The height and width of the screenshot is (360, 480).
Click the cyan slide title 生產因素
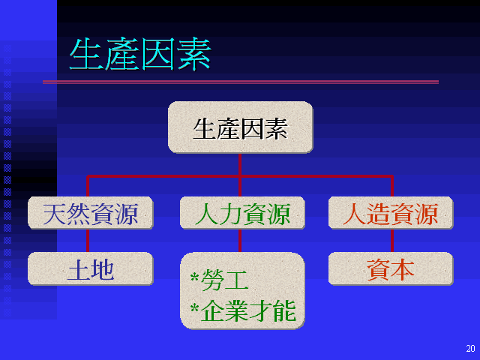[x=140, y=54]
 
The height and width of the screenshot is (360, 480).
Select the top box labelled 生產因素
[x=240, y=127]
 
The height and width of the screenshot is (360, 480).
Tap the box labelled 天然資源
[x=90, y=213]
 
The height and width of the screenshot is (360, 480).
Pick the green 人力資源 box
[x=242, y=213]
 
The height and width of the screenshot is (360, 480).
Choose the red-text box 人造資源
[x=391, y=213]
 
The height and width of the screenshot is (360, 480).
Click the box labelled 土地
[x=90, y=268]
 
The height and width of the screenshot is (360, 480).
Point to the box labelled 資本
[x=391, y=268]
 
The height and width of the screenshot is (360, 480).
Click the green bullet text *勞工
[x=219, y=280]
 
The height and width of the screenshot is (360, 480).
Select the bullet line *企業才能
[x=243, y=310]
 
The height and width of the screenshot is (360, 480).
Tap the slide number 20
[x=470, y=348]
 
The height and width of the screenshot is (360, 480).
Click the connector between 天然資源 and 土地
[x=88, y=241]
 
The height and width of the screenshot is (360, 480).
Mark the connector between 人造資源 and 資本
[x=392, y=241]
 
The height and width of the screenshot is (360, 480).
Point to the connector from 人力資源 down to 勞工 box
[x=240, y=241]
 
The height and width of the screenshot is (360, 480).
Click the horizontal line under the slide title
[x=241, y=82]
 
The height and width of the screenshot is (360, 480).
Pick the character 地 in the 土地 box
[x=103, y=270]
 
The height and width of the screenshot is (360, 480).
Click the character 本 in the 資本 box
[x=403, y=270]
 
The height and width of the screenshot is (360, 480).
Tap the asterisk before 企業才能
[x=195, y=307]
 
